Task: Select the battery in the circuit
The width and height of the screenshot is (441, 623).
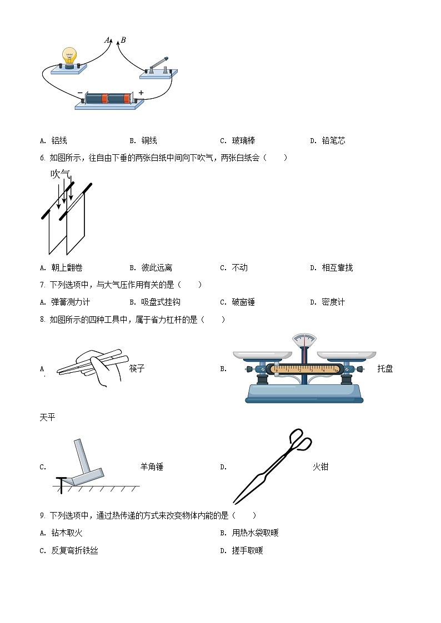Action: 108,99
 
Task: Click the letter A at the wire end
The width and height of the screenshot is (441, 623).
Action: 107,40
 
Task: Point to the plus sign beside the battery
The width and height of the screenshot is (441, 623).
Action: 141,93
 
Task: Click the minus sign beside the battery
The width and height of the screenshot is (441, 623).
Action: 80,93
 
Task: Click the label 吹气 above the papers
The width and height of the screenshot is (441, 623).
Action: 60,174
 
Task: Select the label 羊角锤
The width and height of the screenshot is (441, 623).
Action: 152,467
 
